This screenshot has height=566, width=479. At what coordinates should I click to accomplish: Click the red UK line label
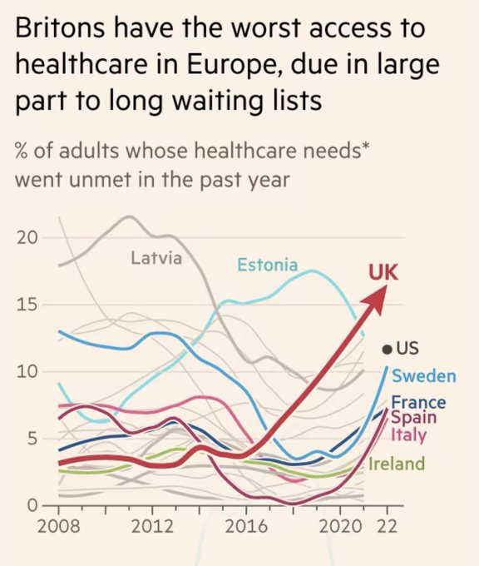[383, 272]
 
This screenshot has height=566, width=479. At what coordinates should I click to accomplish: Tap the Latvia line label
[156, 258]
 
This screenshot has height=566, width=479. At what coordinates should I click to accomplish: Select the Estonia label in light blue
[267, 265]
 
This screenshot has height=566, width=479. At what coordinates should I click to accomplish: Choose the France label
[418, 403]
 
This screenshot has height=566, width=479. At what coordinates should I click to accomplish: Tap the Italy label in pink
[408, 434]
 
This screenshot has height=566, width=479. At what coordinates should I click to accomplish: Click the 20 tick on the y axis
[27, 237]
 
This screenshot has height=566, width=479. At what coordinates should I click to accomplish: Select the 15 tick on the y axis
[27, 305]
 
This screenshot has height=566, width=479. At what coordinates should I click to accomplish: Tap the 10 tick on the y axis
[27, 371]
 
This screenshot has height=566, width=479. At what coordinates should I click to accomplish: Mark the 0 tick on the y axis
[32, 505]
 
